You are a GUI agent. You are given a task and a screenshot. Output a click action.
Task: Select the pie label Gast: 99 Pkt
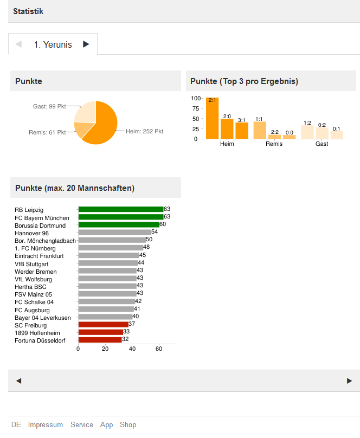(49, 107)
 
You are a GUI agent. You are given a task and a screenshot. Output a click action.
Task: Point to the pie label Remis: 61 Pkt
(47, 132)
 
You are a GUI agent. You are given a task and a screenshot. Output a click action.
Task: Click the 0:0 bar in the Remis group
(290, 137)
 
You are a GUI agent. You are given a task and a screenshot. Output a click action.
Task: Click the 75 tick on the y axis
(196, 108)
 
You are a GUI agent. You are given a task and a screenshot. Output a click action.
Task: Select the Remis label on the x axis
(274, 144)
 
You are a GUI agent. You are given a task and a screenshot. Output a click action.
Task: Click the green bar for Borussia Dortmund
(119, 224)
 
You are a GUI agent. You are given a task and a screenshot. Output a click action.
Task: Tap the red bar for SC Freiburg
(103, 325)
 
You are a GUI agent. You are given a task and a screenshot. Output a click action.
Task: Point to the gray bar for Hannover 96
(114, 232)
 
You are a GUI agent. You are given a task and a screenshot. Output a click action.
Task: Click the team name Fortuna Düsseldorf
(40, 340)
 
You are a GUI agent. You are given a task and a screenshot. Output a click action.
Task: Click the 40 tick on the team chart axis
(132, 349)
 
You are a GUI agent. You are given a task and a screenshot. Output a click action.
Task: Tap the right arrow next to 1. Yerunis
(86, 44)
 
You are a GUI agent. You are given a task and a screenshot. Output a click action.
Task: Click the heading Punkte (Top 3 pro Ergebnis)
(244, 81)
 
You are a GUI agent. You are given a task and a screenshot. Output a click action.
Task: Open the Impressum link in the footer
(46, 425)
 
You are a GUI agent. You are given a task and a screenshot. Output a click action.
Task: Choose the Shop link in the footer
(128, 425)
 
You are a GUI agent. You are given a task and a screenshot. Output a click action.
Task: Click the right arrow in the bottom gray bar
(349, 381)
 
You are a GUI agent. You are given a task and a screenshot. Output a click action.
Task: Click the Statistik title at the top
(28, 11)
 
